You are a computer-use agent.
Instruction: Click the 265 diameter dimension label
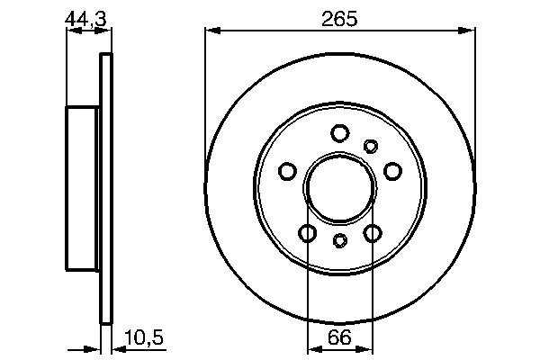point(339,18)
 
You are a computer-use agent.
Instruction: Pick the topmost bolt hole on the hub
point(339,134)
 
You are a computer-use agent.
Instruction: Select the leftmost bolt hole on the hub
point(287,171)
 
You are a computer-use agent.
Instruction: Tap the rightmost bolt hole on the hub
point(392,171)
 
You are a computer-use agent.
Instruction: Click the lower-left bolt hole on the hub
point(307,233)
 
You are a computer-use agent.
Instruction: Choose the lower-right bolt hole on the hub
point(373,233)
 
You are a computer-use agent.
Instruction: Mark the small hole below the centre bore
point(339,239)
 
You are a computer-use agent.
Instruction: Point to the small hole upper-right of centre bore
point(370,146)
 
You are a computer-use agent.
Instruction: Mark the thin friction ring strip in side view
point(105,188)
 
